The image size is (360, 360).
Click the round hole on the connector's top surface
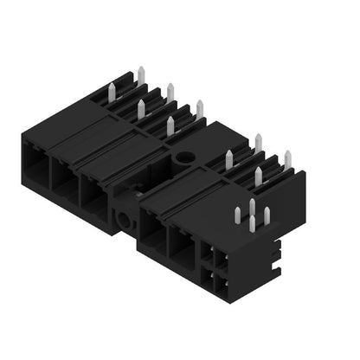click(x=185, y=159)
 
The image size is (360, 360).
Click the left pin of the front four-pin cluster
click(x=239, y=215)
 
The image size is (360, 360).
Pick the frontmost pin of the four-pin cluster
click(x=252, y=223)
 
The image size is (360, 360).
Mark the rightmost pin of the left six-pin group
click(x=199, y=108)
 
